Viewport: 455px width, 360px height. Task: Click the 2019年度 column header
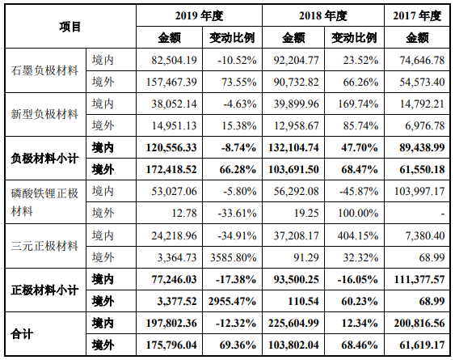point(200,15)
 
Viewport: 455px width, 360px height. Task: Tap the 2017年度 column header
point(418,15)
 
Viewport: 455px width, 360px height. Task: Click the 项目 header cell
point(70,27)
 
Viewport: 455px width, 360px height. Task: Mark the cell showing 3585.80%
point(235,257)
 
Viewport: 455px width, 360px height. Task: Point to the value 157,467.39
point(171,81)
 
